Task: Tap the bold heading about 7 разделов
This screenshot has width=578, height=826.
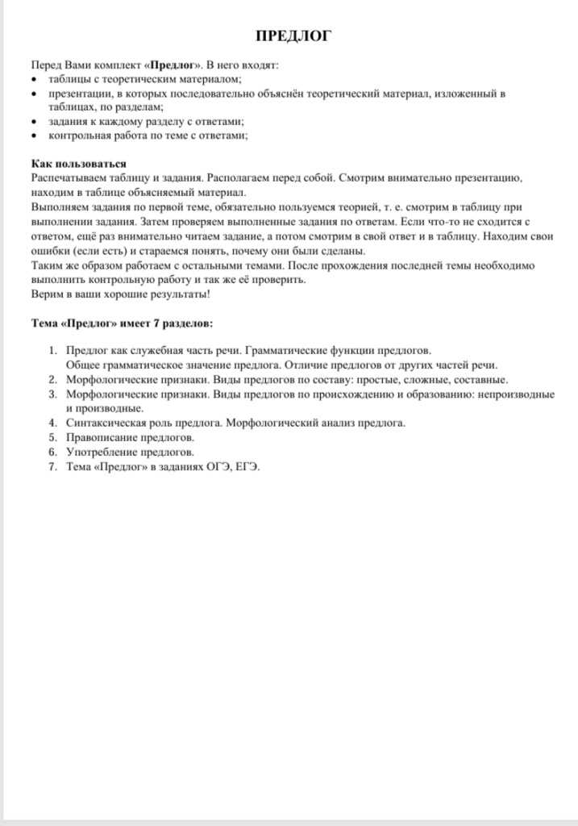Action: [x=122, y=323]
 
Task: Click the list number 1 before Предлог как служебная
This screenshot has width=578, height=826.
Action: [x=52, y=351]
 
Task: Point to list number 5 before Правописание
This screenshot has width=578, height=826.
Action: [x=52, y=437]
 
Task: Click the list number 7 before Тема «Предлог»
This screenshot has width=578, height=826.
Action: [x=52, y=466]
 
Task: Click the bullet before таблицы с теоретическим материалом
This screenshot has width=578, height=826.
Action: [x=32, y=80]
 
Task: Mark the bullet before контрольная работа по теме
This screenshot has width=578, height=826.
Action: [x=32, y=136]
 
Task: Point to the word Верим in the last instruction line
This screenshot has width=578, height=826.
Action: [x=45, y=294]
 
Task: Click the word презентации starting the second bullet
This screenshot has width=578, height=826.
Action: [x=79, y=94]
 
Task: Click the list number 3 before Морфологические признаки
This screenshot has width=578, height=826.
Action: [x=52, y=394]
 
